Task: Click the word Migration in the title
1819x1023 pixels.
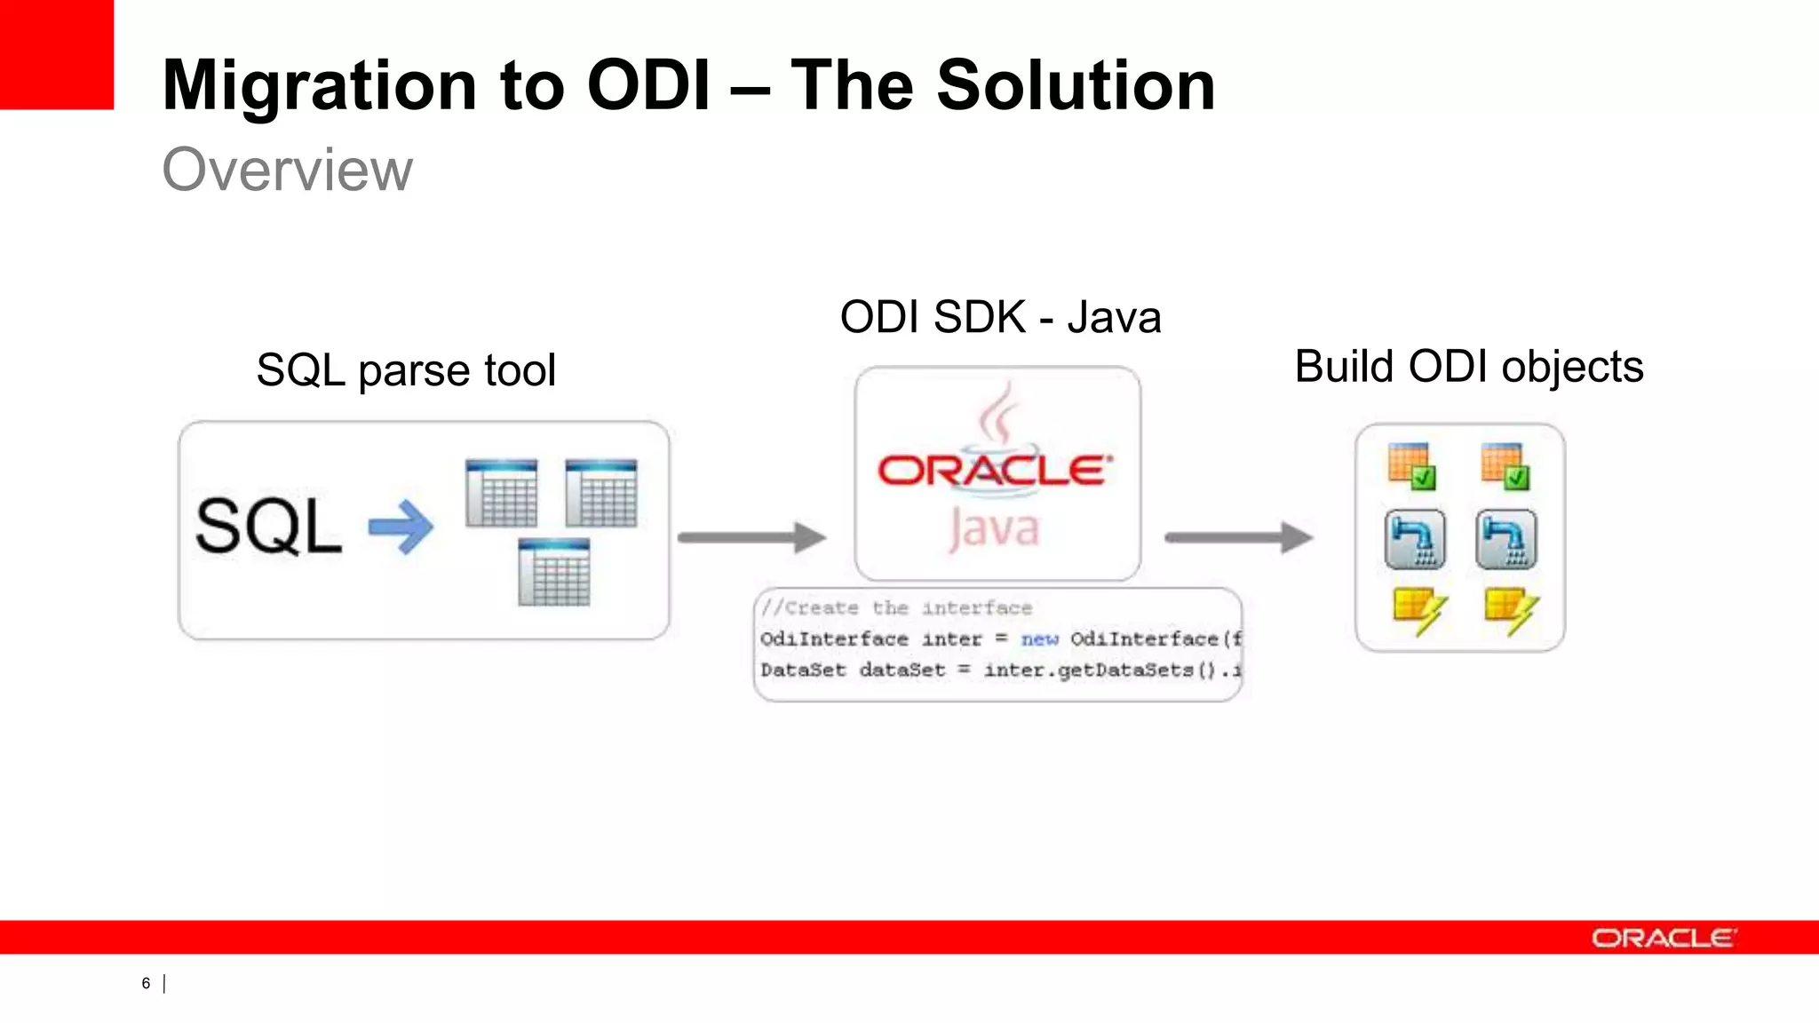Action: click(x=321, y=86)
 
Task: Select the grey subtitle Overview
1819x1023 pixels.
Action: click(x=287, y=170)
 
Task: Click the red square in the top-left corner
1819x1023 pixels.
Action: click(x=56, y=53)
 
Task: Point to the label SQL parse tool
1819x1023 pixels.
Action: click(x=406, y=370)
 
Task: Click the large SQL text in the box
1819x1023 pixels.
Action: click(x=268, y=527)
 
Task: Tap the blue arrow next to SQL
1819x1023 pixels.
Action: click(x=401, y=527)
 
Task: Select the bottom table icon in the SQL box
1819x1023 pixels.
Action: click(x=553, y=573)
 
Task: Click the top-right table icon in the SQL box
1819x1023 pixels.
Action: click(x=601, y=494)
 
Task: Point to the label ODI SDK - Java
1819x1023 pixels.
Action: click(x=1000, y=318)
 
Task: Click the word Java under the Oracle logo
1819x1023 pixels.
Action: click(x=993, y=529)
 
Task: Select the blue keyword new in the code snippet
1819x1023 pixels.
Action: click(x=1039, y=639)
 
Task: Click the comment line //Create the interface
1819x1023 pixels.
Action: click(x=896, y=608)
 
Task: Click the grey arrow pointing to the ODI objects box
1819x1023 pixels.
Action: click(x=1238, y=537)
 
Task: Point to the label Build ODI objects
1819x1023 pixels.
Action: click(x=1469, y=367)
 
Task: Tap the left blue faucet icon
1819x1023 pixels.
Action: click(x=1415, y=539)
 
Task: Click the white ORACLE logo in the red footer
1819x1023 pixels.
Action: click(x=1664, y=938)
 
